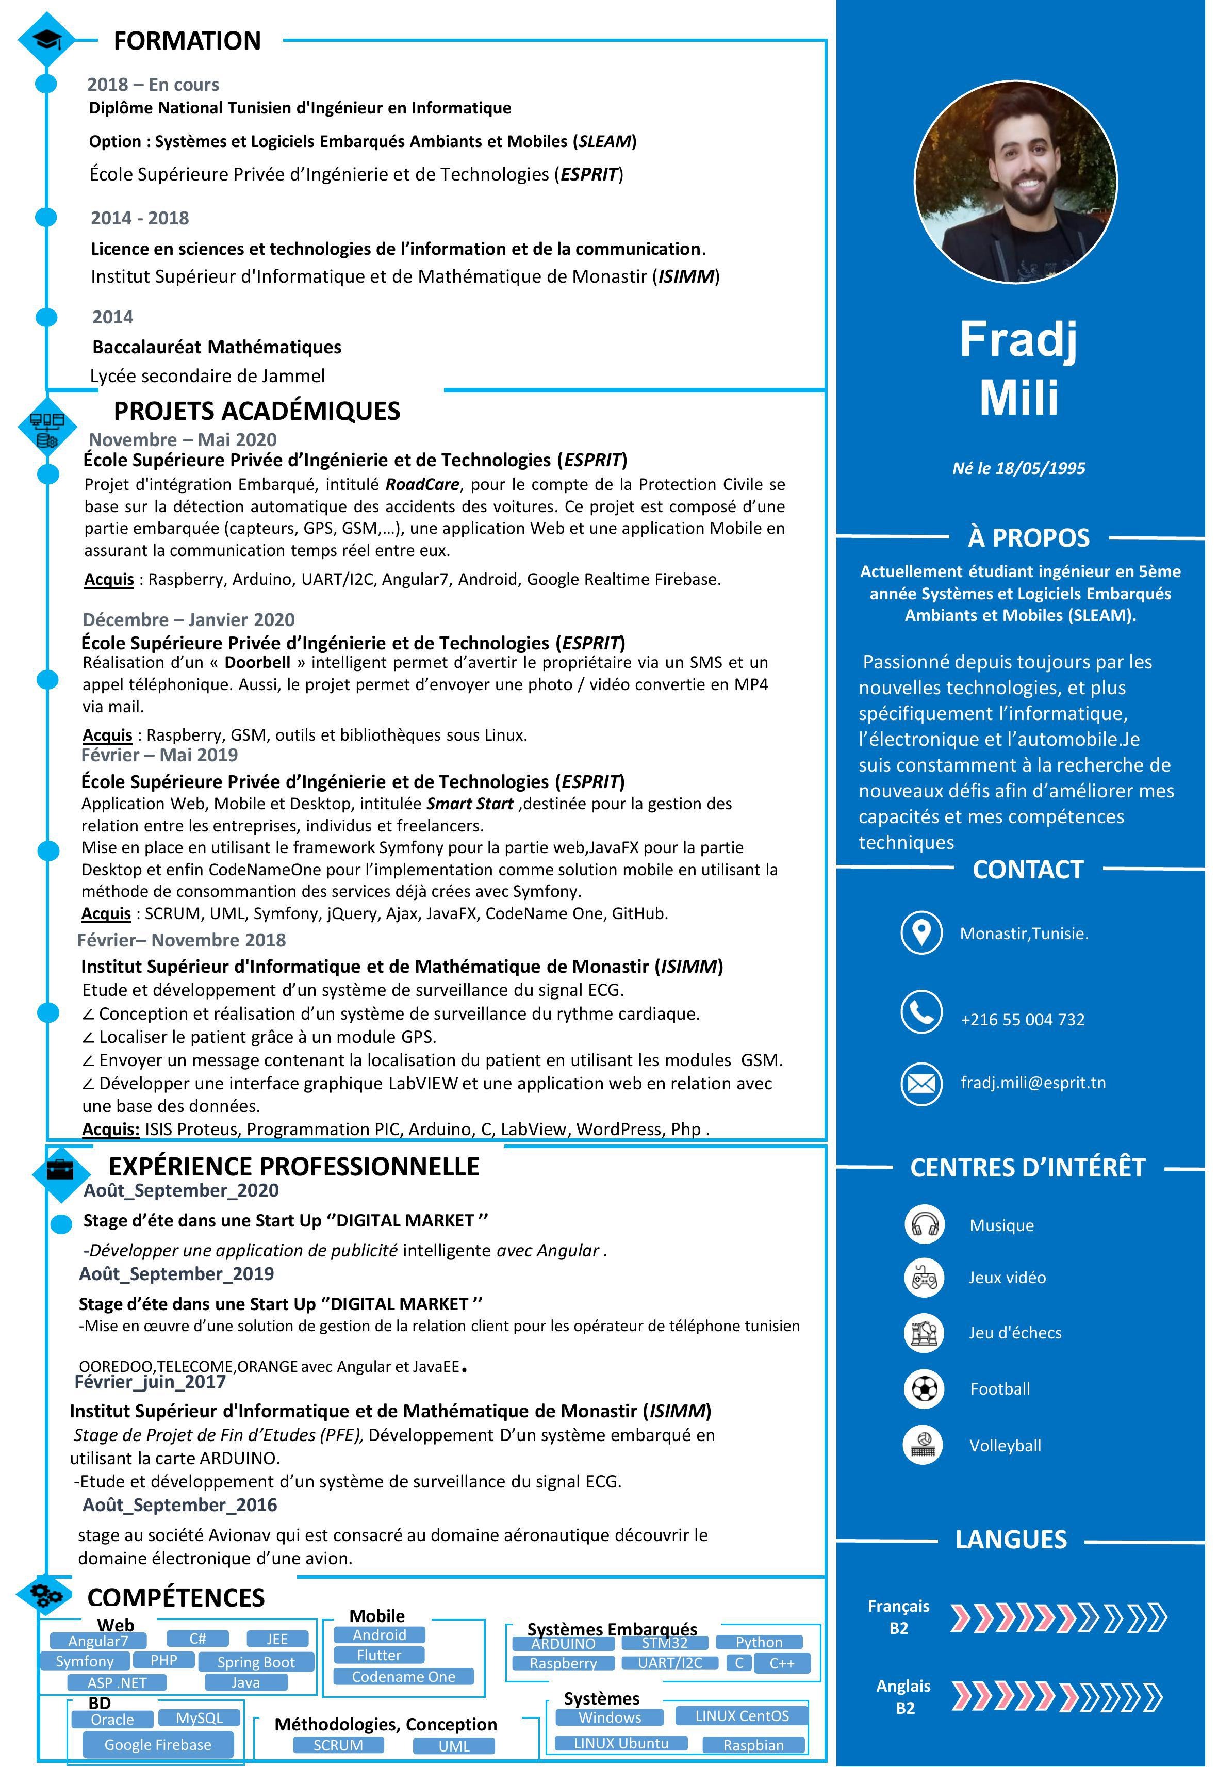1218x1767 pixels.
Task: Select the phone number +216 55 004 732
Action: [1022, 1019]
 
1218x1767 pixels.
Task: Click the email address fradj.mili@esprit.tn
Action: [1032, 1083]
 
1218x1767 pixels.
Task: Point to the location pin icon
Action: [921, 932]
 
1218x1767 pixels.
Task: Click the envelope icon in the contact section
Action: [921, 1083]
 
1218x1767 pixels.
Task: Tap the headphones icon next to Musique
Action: [924, 1224]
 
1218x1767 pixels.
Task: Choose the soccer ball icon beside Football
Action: [924, 1388]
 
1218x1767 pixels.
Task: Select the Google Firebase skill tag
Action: [157, 1744]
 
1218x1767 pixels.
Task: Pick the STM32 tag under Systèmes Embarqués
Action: [664, 1643]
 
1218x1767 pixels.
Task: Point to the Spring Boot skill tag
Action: [256, 1662]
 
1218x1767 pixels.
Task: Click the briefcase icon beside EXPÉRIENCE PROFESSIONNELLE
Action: [60, 1170]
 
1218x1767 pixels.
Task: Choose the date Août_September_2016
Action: [179, 1504]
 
